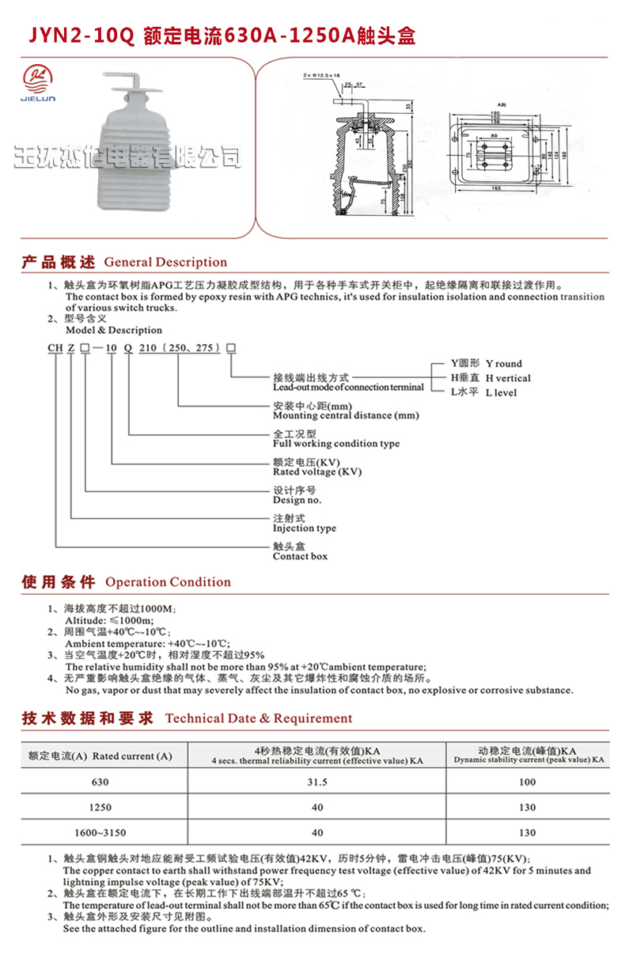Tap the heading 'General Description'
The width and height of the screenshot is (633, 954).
165,263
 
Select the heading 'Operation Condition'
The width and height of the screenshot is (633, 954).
168,582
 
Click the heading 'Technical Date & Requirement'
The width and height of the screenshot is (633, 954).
258,718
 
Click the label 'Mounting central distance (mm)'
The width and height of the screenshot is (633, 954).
346,415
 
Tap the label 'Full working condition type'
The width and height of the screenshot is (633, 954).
335,444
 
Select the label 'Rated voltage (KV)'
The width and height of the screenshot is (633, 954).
316,471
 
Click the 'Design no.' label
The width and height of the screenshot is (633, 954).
297,500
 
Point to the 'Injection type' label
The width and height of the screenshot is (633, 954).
304,528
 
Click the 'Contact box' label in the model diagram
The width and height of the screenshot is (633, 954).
300,556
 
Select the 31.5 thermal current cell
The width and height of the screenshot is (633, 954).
317,782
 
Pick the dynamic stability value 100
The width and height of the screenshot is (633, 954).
527,782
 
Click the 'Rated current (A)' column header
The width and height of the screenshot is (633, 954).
100,755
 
